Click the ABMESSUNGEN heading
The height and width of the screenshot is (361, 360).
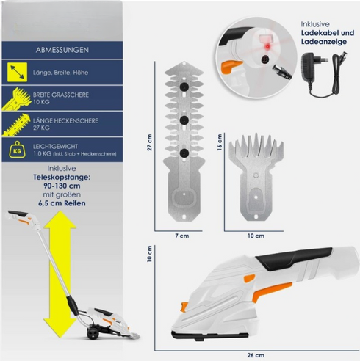pyautogui.click(x=62, y=50)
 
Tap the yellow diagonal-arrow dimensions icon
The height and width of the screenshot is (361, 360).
pyautogui.click(x=17, y=72)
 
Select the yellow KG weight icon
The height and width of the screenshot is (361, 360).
pyautogui.click(x=17, y=150)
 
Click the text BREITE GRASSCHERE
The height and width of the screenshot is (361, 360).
pyautogui.click(x=61, y=95)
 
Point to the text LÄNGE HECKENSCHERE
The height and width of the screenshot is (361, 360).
pyautogui.click(x=65, y=120)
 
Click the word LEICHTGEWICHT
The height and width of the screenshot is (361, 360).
pyautogui.click(x=55, y=147)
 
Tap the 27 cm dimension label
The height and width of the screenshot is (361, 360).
pyautogui.click(x=150, y=142)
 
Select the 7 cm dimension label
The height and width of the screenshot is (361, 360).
pyautogui.click(x=182, y=236)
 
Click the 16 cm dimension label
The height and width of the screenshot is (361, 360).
pyautogui.click(x=220, y=142)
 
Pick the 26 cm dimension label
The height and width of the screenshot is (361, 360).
pyautogui.click(x=256, y=355)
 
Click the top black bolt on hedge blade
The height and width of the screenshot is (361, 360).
pyautogui.click(x=184, y=87)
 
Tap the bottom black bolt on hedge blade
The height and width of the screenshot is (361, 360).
pyautogui.click(x=184, y=153)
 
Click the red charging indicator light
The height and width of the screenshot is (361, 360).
pyautogui.click(x=267, y=46)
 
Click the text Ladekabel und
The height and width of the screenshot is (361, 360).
pyautogui.click(x=328, y=33)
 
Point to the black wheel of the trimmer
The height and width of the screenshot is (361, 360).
pyautogui.click(x=93, y=334)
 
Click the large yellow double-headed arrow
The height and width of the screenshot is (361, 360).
pyautogui.click(x=60, y=274)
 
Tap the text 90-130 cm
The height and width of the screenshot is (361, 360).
pyautogui.click(x=62, y=186)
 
